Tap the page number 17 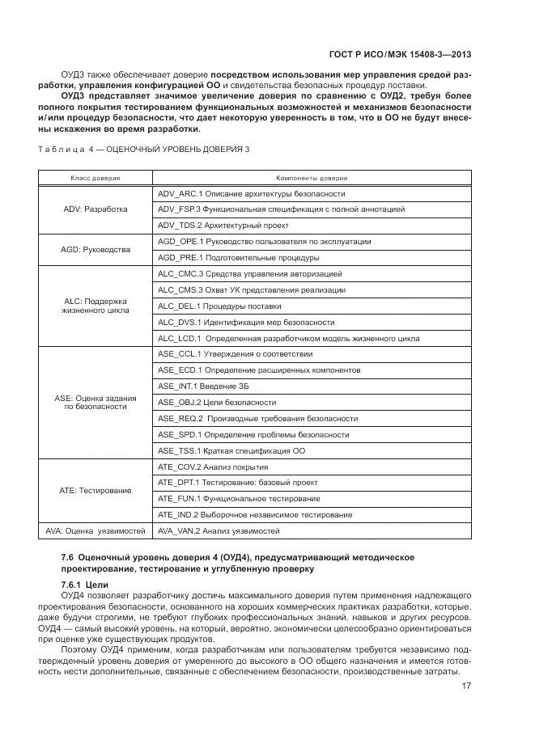coord(467,686)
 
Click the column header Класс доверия coord(95,177)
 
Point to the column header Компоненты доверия coord(312,177)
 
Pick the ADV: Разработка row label coord(95,209)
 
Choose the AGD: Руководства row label coord(95,250)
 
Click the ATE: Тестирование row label coord(95,490)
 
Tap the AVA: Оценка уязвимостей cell coord(95,531)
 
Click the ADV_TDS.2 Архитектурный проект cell coord(223,226)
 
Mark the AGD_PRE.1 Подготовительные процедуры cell coord(238,258)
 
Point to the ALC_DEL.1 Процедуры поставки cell coord(219,306)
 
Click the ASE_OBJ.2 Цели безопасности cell coord(217,403)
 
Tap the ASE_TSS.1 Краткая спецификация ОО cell coord(231,450)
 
